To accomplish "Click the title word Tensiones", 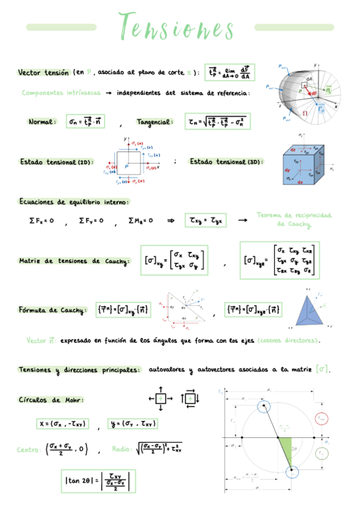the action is (177, 27).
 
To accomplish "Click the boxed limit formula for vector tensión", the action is (228, 72).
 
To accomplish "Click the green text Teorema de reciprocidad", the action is (294, 215).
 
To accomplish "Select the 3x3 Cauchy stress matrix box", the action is (280, 260).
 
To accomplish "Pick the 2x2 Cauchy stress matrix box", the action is (174, 260).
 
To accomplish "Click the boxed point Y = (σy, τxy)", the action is (133, 423).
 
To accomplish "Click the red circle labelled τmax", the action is (321, 417).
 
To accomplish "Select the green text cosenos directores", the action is (287, 341).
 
